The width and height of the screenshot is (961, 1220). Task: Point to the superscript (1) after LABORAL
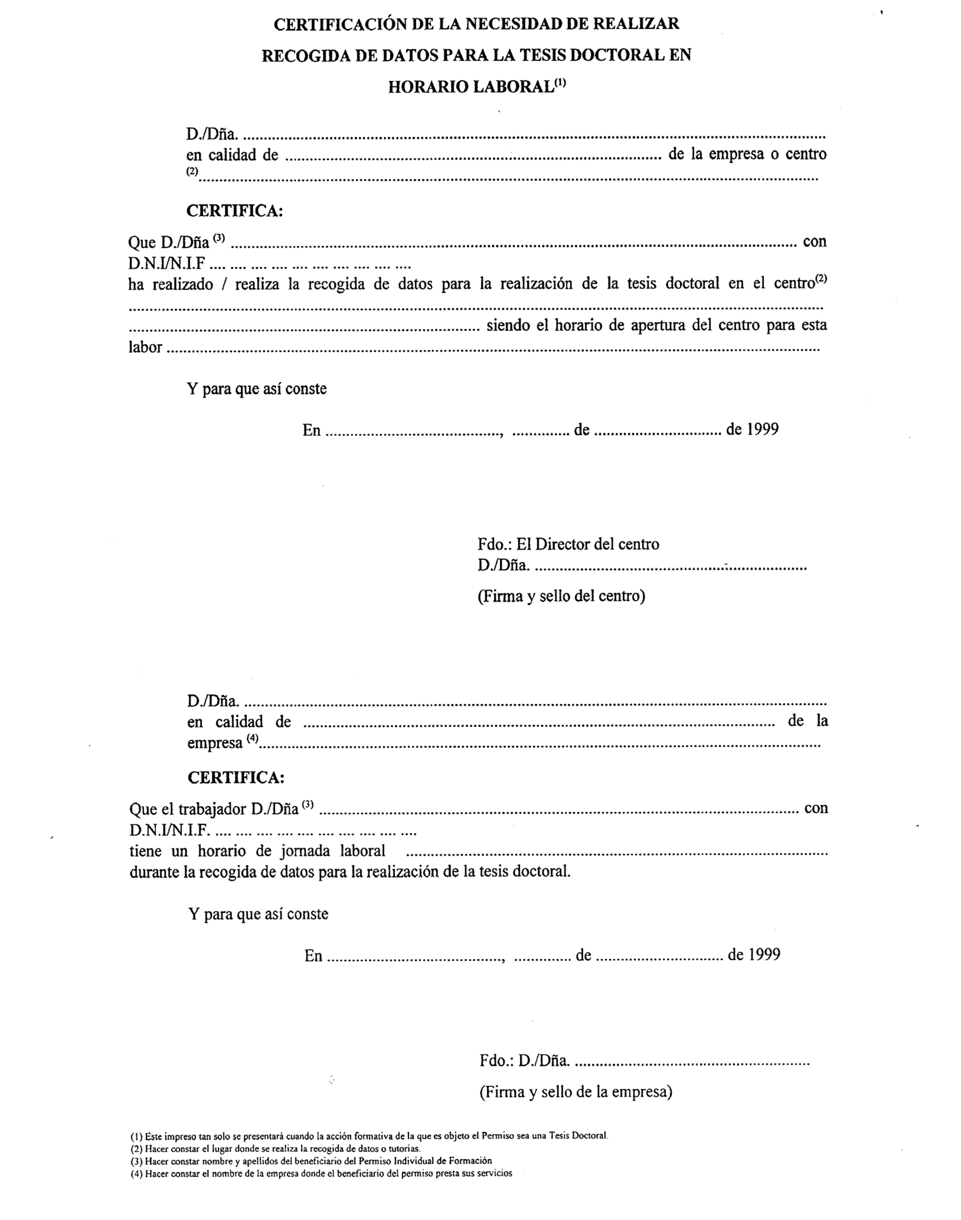pos(560,84)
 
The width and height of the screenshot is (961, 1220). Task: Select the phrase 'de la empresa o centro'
pos(747,154)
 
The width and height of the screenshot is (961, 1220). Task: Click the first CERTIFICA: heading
pos(234,211)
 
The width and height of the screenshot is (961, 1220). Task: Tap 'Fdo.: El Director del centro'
pos(568,544)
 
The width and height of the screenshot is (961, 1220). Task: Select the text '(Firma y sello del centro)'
pos(561,596)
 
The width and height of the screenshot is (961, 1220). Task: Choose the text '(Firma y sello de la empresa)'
pos(576,1092)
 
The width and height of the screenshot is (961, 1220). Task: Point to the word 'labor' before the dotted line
pos(145,347)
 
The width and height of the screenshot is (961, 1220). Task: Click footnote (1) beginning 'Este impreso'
pos(369,1135)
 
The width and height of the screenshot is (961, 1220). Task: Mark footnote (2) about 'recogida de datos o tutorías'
pos(275,1148)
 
